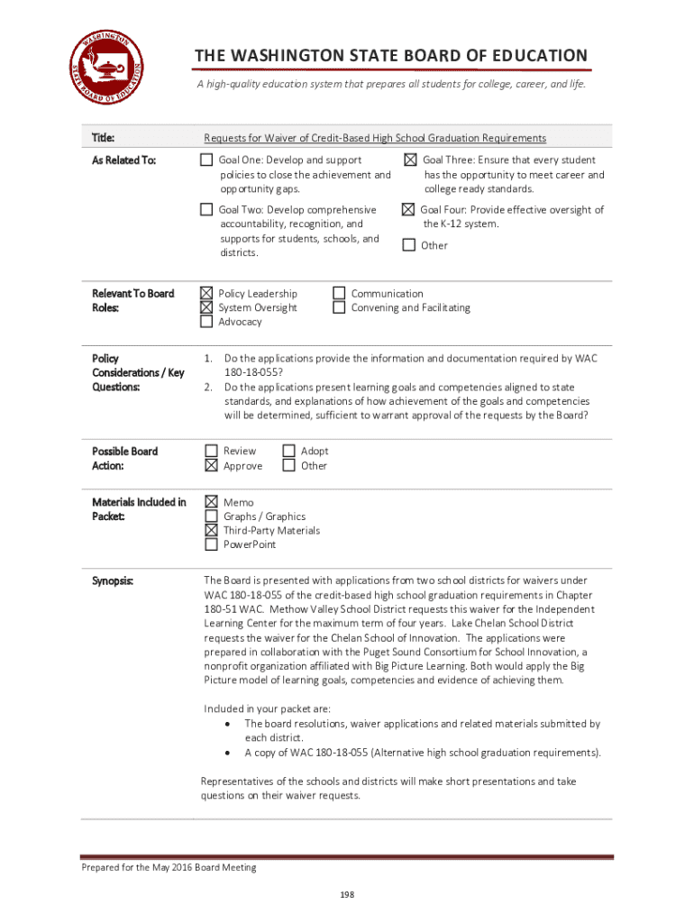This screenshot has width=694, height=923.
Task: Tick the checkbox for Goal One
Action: pos(206,160)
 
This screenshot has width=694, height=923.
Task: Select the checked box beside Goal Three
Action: pos(410,160)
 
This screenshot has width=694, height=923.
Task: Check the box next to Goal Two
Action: pos(206,210)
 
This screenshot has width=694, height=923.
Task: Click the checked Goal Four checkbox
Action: pos(408,210)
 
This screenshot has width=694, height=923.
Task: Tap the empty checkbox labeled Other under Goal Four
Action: pos(409,245)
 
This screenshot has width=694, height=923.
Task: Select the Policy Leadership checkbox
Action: pos(206,293)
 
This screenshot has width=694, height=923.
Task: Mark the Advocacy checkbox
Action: pos(206,322)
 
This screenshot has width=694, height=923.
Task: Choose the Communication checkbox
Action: pos(339,293)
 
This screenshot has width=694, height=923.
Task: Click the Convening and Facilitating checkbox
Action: pos(339,307)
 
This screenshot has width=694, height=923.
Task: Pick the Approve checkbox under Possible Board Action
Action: pos(211,466)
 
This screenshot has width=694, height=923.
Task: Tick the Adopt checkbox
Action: pos(288,451)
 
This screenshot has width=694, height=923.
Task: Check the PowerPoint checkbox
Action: pos(211,544)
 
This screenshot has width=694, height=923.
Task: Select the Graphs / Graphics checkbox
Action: pos(211,516)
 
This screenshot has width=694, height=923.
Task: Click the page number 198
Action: pos(346,894)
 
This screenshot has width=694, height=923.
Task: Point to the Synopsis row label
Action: pos(113,580)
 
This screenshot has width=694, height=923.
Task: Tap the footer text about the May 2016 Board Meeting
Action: pos(169,867)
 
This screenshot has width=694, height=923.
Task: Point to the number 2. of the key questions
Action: pos(208,387)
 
